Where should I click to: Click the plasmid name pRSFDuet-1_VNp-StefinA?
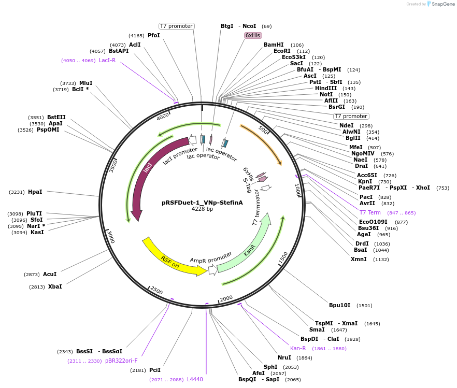coord(202,203)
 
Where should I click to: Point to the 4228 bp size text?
coord(202,209)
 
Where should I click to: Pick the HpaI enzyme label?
coord(35,192)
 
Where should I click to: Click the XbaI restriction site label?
coord(55,286)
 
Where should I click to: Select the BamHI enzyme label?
coord(274,45)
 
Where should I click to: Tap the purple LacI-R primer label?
coord(107,60)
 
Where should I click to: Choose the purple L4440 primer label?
coord(195,379)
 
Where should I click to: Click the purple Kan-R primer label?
coord(298,348)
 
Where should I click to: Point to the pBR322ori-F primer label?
coord(121,361)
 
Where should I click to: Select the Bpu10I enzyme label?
coord(340,305)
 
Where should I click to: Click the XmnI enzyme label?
coord(359,259)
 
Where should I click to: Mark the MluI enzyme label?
coord(86,83)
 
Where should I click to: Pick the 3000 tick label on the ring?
coord(111,238)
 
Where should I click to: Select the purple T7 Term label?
coord(370,212)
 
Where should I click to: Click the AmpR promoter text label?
coord(211,257)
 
